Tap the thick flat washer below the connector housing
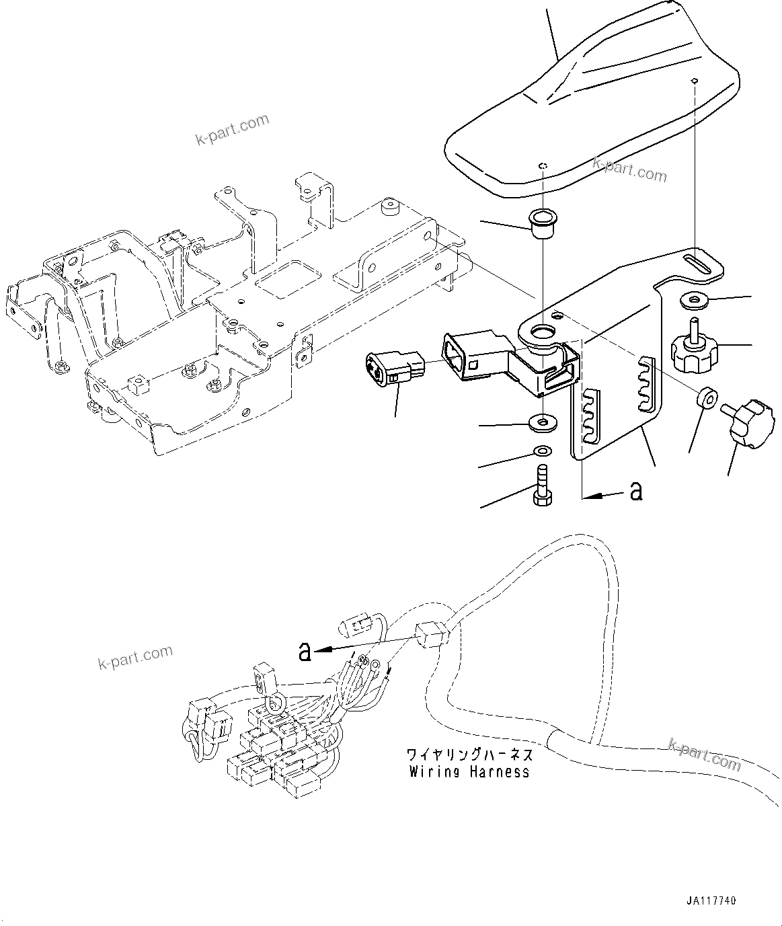pyautogui.click(x=542, y=423)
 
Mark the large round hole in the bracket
pyautogui.click(x=543, y=332)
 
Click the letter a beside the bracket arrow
pyautogui.click(x=635, y=492)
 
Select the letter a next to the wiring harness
pyautogui.click(x=305, y=651)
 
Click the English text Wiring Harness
pyautogui.click(x=469, y=772)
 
